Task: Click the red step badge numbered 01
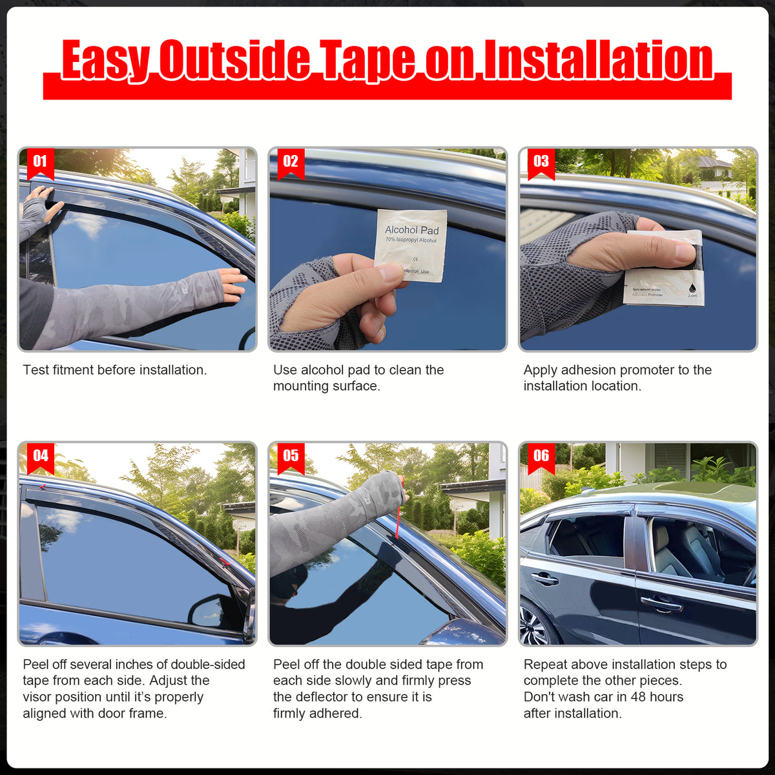point(40,162)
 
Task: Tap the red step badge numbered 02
point(291,162)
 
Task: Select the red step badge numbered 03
point(541,162)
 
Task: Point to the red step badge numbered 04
point(40,457)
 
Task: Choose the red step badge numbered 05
point(291,457)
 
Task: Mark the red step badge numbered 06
point(541,457)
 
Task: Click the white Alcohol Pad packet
point(411,245)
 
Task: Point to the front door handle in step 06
point(661,604)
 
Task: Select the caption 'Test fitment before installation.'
point(115,370)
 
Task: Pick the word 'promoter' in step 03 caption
point(646,370)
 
